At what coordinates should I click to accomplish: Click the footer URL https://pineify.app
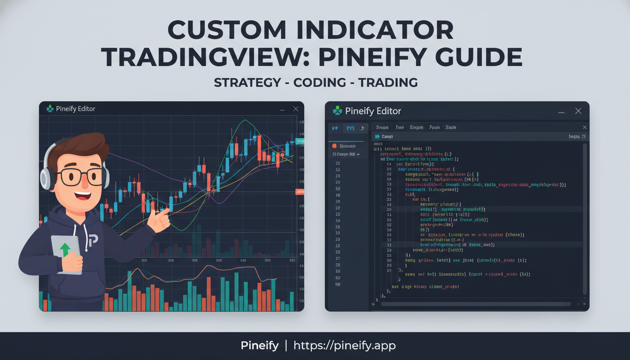(x=345, y=345)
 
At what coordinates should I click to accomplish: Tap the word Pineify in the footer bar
(x=260, y=345)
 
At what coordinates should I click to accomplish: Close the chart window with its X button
(x=295, y=109)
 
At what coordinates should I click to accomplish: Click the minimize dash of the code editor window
(x=561, y=112)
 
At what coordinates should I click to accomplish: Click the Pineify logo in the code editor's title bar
(x=337, y=111)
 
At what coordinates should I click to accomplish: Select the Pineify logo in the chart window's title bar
(x=50, y=109)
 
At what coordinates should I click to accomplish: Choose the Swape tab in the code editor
(x=382, y=127)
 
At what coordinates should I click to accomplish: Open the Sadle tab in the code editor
(x=450, y=127)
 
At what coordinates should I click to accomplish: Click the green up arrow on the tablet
(x=65, y=249)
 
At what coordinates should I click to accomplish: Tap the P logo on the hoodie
(x=92, y=240)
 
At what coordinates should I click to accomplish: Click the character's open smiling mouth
(x=82, y=194)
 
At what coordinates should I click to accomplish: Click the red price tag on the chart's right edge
(x=300, y=191)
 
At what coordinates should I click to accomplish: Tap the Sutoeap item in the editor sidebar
(x=347, y=146)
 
